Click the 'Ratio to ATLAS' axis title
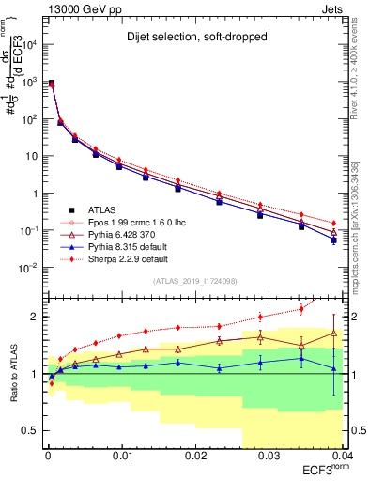(x=12, y=371)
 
